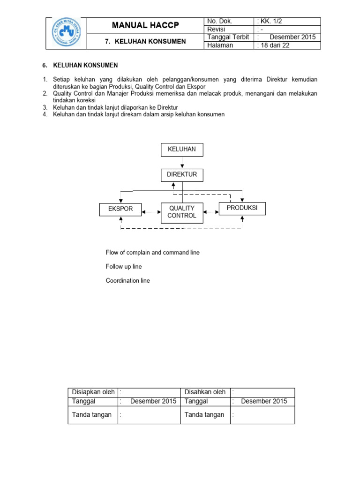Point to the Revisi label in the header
click(216, 30)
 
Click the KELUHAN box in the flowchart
click(182, 150)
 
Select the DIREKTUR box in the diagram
click(182, 175)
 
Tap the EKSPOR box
click(120, 209)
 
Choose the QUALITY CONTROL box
click(182, 211)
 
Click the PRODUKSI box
click(242, 208)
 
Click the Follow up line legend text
click(124, 266)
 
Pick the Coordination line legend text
click(128, 280)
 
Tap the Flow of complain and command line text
click(152, 252)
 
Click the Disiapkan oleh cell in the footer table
click(93, 392)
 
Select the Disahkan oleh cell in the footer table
click(205, 392)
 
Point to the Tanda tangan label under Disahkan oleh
click(204, 414)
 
